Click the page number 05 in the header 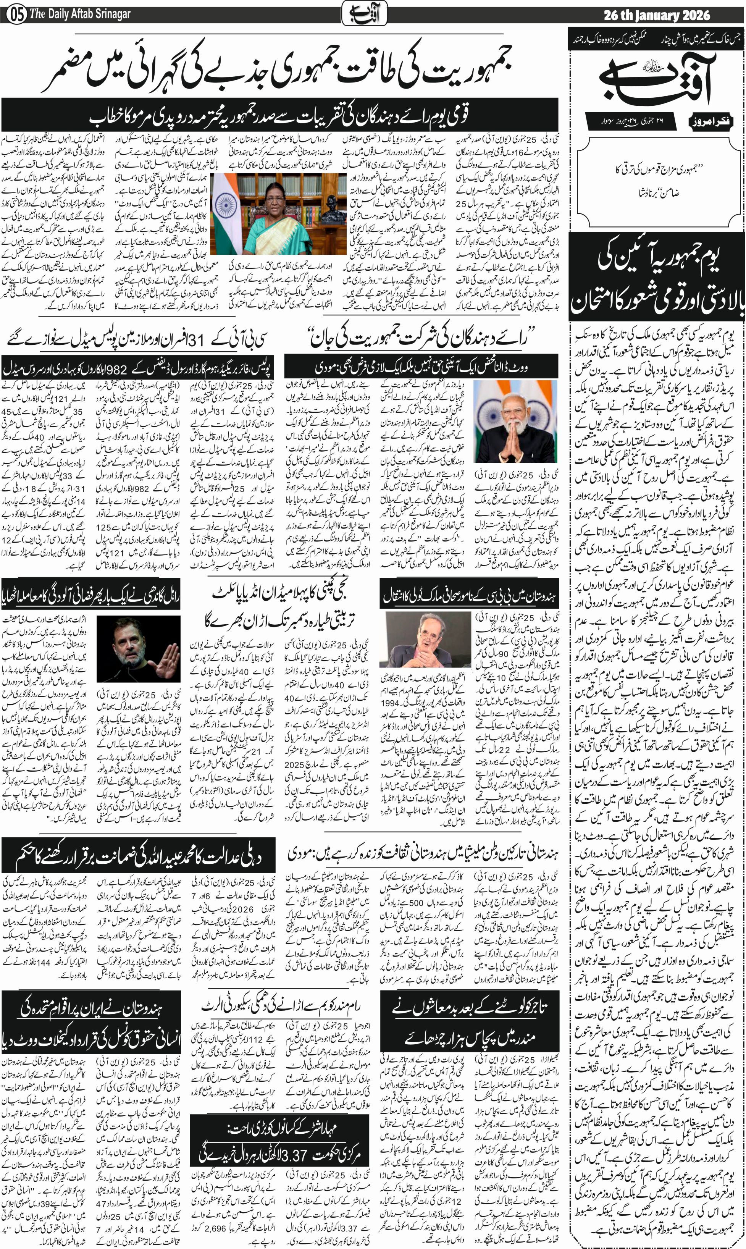[x=17, y=15]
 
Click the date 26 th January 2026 [x=657, y=15]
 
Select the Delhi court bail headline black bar [x=139, y=856]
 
